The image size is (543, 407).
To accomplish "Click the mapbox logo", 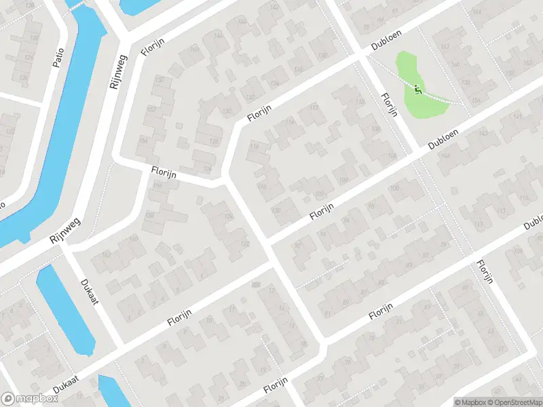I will pos(29,399).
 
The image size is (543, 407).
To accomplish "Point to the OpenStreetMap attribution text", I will pos(514,402).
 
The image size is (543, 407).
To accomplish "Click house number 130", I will pos(227,111).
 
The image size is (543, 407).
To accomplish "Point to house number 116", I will pos(255,147).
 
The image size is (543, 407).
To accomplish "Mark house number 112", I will pos(314,108).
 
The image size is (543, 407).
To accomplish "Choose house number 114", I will pos(291,122).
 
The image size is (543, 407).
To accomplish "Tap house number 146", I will pos(218,36).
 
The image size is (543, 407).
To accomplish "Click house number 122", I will pos(245,244).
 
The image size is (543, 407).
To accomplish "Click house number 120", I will pos(275,211).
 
